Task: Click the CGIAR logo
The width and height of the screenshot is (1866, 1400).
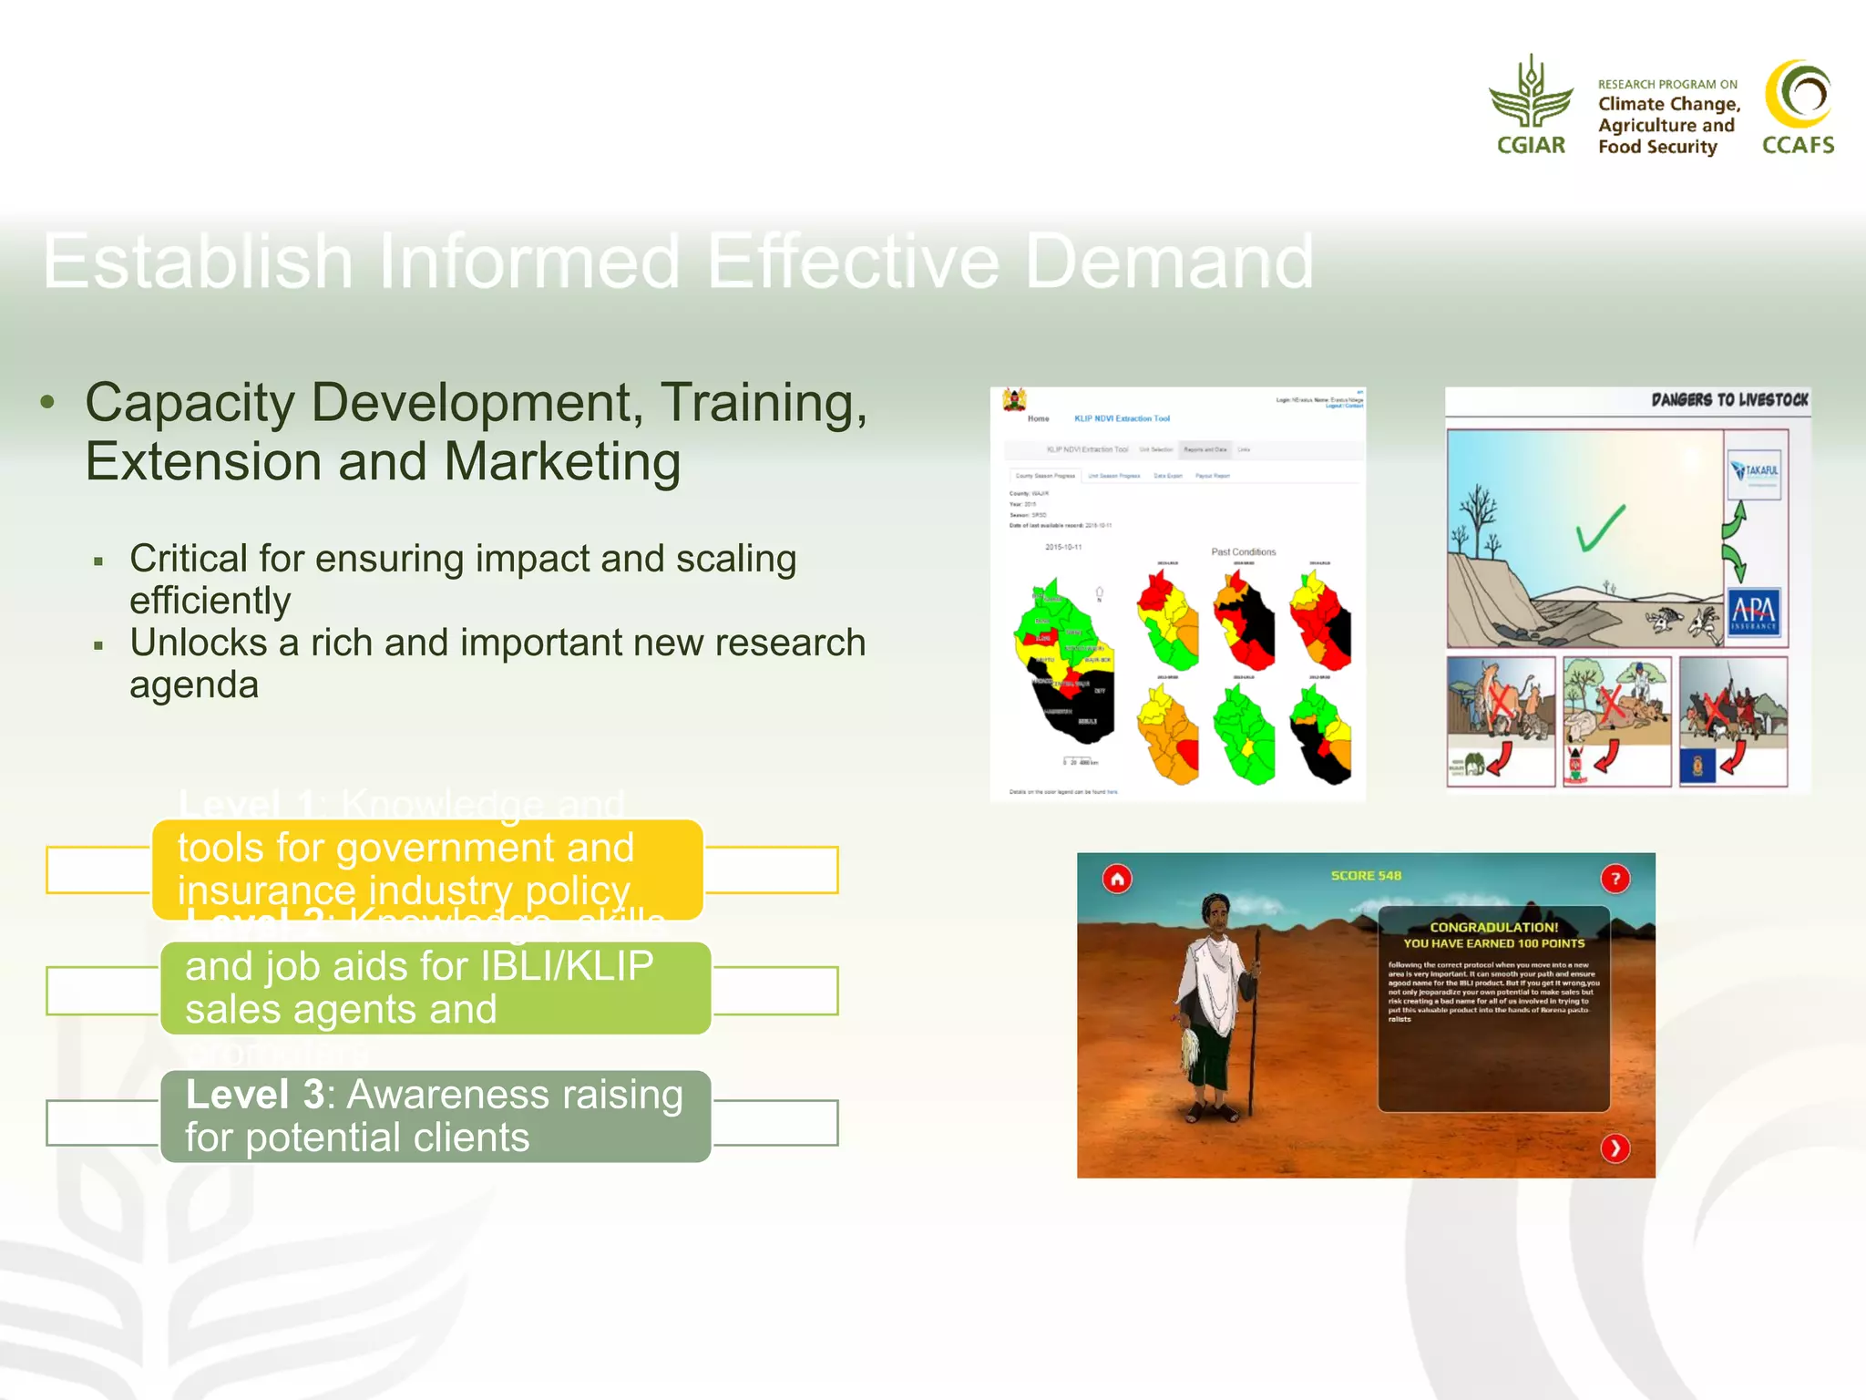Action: point(1531,105)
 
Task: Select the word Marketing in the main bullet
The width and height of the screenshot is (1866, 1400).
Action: point(562,461)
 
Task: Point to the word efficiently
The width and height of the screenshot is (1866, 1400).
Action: point(210,601)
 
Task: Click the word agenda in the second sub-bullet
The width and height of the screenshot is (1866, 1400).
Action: point(194,685)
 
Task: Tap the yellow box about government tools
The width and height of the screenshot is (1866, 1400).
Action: point(427,869)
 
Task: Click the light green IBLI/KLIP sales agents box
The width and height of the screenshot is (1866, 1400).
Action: point(435,988)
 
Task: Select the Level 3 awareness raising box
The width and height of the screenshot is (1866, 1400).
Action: point(435,1116)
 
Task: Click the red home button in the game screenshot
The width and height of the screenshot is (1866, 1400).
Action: point(1117,879)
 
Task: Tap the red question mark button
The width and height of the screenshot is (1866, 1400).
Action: point(1615,879)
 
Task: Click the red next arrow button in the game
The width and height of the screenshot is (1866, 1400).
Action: point(1615,1148)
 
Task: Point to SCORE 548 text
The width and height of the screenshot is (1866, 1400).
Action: point(1365,876)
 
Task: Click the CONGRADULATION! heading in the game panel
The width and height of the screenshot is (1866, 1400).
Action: point(1493,927)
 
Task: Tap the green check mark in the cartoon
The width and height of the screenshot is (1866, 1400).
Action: point(1600,529)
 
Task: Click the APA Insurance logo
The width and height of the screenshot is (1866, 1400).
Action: point(1753,613)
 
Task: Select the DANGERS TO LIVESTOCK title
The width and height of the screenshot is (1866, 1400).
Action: point(1728,400)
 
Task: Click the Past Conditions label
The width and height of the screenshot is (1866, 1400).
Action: point(1243,552)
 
